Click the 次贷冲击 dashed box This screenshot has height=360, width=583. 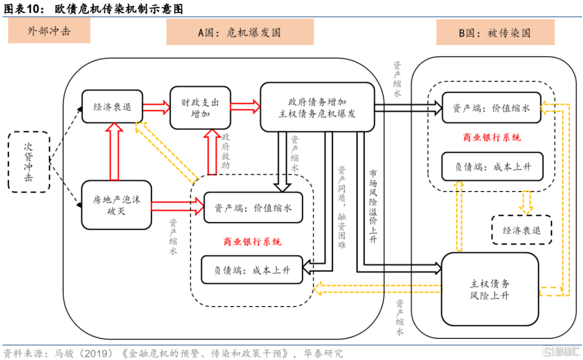pos(29,161)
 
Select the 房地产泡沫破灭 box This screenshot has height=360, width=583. pos(116,205)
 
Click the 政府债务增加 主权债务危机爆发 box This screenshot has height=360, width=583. pos(317,107)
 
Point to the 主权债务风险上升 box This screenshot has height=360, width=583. pos(490,289)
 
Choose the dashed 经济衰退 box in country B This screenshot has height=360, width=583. pos(521,230)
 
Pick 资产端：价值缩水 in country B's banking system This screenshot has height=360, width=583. pos(491,108)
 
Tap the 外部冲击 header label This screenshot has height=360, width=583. pos(49,32)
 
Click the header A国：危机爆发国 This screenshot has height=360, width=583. pos(239,32)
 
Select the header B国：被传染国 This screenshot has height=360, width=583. pos(494,33)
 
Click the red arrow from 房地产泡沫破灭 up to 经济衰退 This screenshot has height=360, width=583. pos(114,152)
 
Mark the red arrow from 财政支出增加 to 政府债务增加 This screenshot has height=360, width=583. pos(246,107)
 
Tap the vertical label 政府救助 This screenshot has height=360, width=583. pos(226,151)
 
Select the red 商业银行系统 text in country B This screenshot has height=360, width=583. pos(492,138)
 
